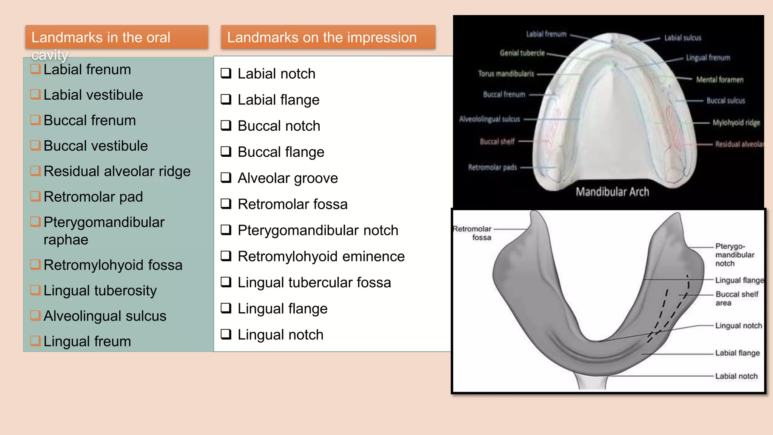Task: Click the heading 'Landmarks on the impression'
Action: [322, 37]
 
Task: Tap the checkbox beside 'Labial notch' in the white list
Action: [226, 73]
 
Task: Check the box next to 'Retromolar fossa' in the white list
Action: [226, 204]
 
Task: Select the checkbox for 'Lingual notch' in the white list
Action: [226, 334]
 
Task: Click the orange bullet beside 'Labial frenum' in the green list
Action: [35, 69]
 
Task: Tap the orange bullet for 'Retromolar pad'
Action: [35, 196]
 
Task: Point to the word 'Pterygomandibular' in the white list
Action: [298, 230]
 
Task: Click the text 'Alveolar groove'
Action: [288, 178]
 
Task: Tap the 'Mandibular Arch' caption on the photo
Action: [612, 192]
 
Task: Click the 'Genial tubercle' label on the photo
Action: [522, 53]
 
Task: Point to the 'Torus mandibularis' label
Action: [506, 74]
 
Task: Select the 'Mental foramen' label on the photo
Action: [719, 80]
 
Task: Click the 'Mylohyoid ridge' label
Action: [736, 123]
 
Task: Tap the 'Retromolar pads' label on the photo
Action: [492, 167]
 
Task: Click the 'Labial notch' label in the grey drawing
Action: [736, 376]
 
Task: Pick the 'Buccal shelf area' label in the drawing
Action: [736, 298]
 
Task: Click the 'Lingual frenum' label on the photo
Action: [708, 58]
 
